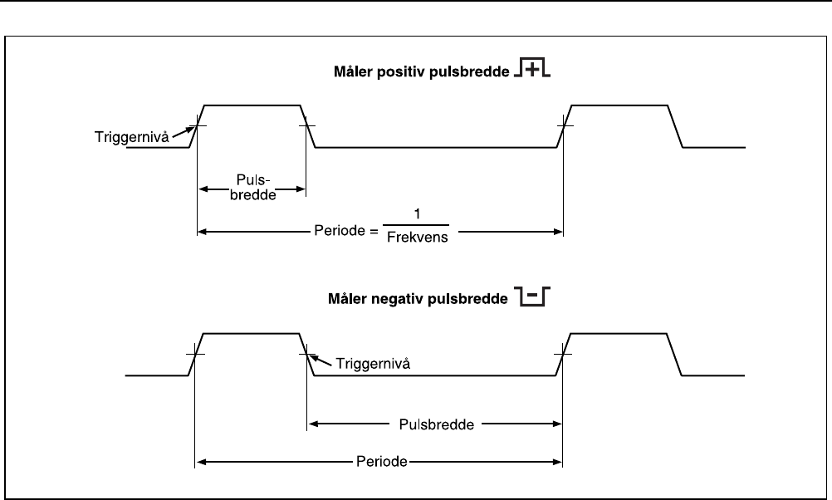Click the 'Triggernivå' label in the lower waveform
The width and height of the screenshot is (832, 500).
pos(367,364)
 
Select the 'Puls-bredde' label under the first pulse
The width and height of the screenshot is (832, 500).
pos(251,183)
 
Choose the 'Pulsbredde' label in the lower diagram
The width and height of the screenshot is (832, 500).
pos(436,424)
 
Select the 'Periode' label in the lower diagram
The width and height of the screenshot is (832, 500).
pos(379,461)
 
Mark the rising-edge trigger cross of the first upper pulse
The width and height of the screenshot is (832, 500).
pos(198,126)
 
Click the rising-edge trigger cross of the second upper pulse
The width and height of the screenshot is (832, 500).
pos(564,126)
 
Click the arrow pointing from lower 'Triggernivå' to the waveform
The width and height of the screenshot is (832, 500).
pos(322,360)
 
